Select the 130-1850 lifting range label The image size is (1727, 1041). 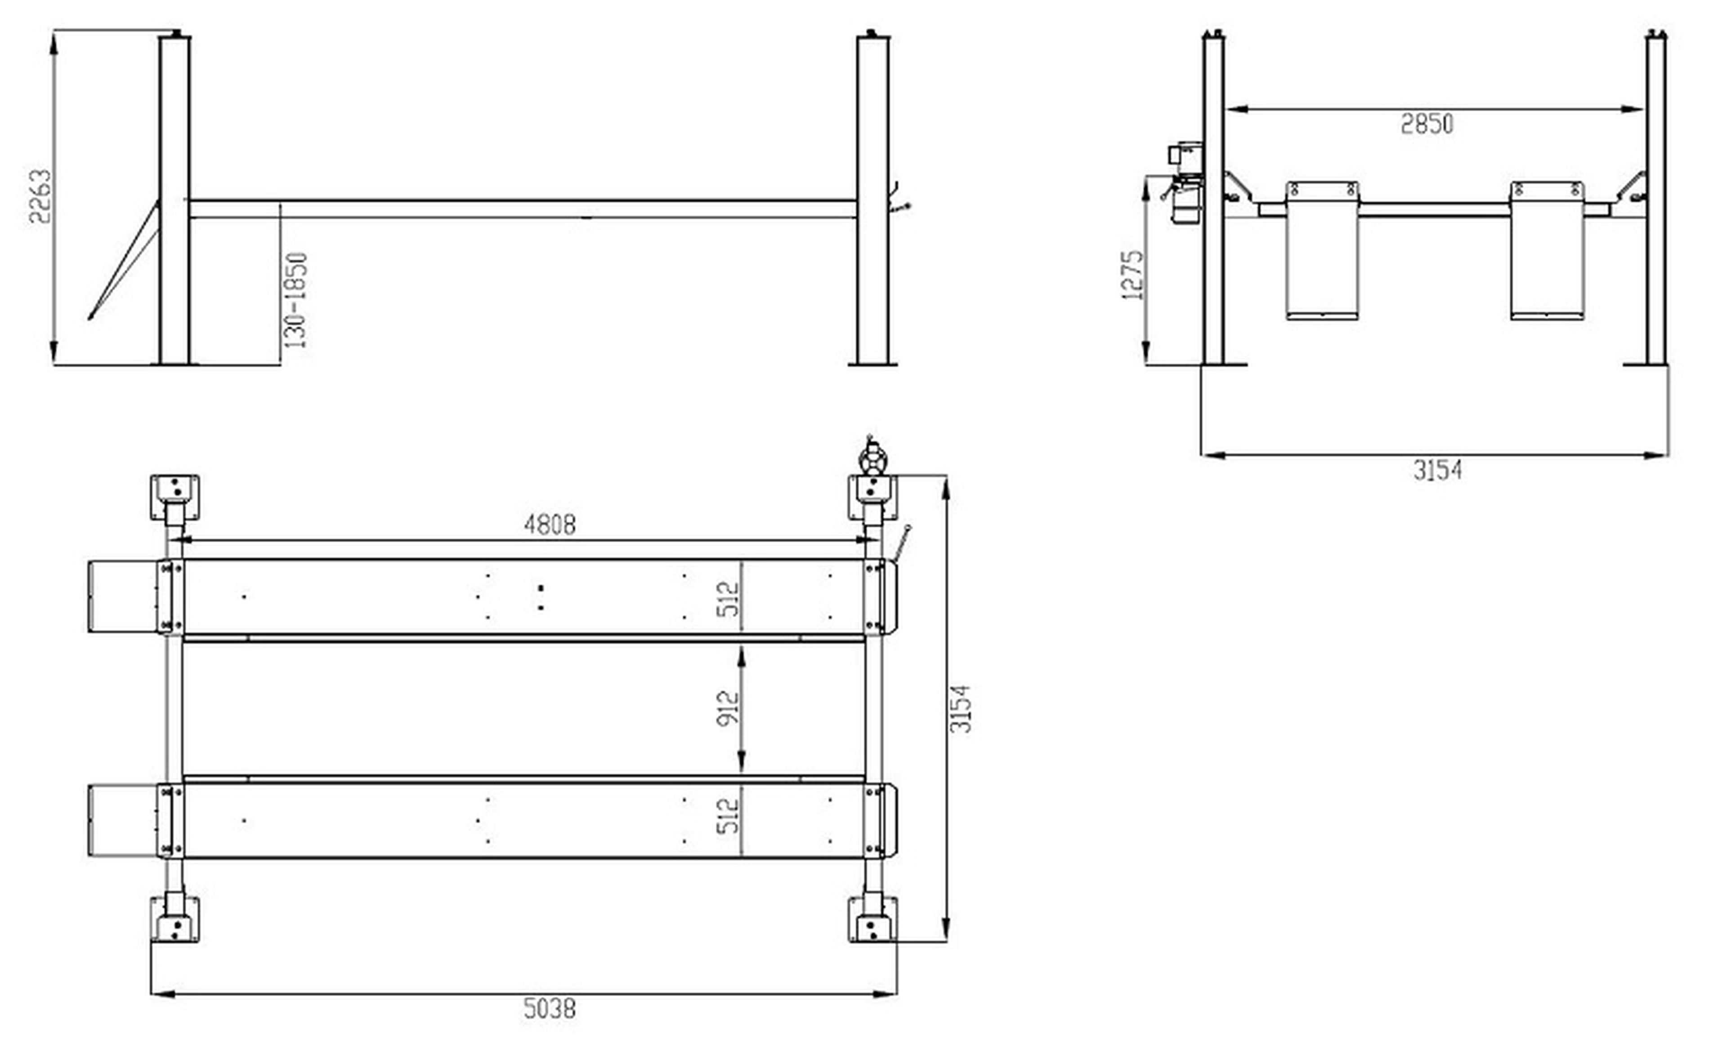(x=296, y=301)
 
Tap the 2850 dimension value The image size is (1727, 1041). (x=1427, y=125)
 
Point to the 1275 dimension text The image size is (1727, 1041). (x=1132, y=276)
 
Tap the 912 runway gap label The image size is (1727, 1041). (x=729, y=708)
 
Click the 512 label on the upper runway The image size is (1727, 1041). (x=729, y=599)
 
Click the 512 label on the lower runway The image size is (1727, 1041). (x=729, y=816)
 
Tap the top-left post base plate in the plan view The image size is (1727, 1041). (x=174, y=497)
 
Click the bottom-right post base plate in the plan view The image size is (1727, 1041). (x=872, y=920)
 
